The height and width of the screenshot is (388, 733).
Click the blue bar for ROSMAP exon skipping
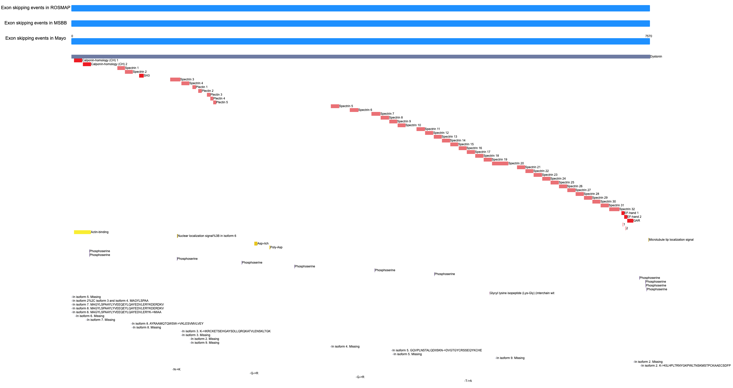361,8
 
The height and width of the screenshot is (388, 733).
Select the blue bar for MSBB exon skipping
361,23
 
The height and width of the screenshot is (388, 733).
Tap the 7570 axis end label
648,36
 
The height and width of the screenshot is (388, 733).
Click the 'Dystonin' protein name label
656,56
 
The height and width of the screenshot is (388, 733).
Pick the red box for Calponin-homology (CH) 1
78,61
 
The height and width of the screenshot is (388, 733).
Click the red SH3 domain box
141,76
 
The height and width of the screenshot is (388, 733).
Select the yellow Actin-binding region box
82,232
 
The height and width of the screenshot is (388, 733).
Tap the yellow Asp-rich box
256,243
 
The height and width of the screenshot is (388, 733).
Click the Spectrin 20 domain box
500,163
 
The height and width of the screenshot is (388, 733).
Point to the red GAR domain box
630,221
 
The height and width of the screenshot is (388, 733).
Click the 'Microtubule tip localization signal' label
671,240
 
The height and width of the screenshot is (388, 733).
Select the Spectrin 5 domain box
335,106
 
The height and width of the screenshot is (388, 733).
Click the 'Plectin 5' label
222,102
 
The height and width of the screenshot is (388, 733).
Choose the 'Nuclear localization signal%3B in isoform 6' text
207,236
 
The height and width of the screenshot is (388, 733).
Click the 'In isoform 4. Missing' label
345,347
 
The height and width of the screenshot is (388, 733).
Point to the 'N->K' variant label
177,369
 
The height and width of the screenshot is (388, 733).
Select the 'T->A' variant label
469,381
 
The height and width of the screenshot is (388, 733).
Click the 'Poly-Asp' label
276,247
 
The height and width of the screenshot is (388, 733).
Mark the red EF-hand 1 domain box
623,213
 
